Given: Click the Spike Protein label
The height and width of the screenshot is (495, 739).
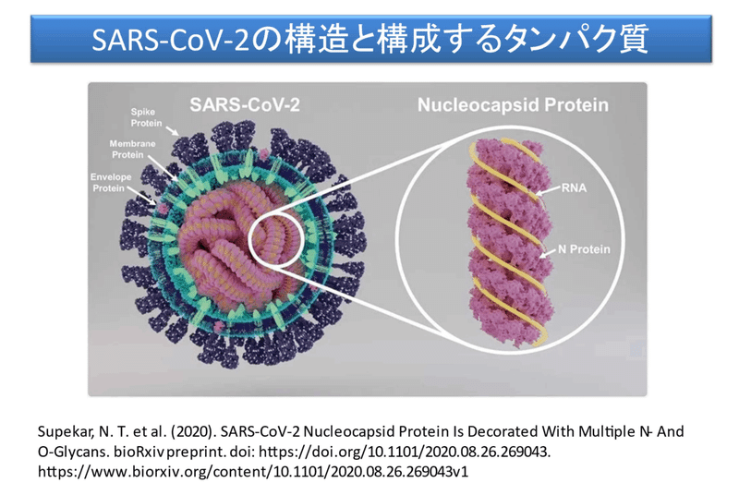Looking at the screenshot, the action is point(146,117).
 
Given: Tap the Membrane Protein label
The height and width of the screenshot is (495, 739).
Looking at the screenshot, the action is point(132,150).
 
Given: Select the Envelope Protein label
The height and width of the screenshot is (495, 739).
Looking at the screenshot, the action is point(111,183).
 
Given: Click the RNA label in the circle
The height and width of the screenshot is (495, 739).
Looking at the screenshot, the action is point(574,187).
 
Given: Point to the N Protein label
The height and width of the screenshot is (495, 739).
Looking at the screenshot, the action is point(584,249).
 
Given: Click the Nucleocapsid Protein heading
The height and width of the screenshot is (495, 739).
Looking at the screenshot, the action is point(513,104).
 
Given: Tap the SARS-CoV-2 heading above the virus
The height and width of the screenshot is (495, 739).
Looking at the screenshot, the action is point(245,104).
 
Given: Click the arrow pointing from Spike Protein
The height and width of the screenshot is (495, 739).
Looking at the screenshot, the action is point(172,130).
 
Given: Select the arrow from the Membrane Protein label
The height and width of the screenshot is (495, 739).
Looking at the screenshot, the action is point(164,170).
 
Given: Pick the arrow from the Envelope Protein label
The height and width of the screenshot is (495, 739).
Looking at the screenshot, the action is point(142,196).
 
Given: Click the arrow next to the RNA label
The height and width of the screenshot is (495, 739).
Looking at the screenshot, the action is point(548,192).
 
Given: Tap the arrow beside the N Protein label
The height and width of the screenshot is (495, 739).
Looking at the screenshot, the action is point(548,253).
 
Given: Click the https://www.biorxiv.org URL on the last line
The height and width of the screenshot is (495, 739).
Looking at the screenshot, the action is point(253,472).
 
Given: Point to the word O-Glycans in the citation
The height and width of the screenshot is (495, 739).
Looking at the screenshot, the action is point(73,453).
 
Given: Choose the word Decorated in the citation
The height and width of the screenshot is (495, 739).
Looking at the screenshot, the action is point(503,432).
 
